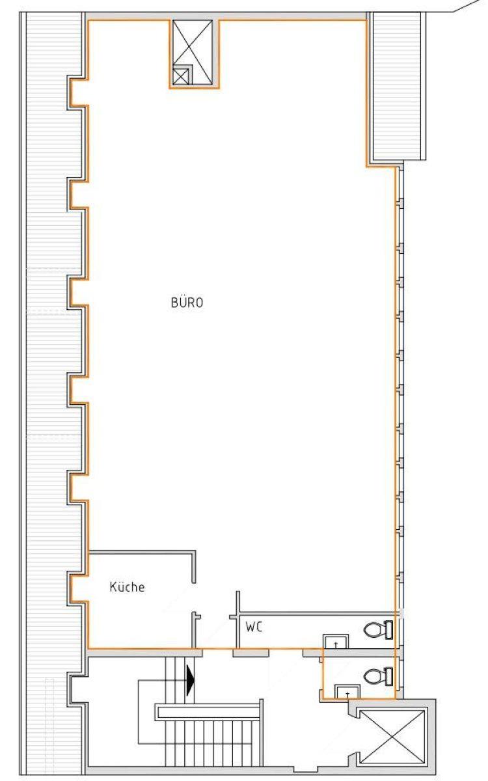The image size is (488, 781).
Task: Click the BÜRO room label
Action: (x=187, y=302)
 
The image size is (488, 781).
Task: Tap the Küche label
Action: (x=127, y=587)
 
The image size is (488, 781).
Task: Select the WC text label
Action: (x=254, y=627)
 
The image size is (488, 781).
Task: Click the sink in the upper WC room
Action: (x=336, y=642)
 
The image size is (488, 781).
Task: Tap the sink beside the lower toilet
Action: (x=347, y=692)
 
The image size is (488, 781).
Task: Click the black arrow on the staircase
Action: (x=190, y=679)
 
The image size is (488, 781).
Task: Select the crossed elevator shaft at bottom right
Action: (x=393, y=737)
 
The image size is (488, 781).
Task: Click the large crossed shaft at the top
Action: (x=193, y=52)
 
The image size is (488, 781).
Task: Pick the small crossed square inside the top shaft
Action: (x=181, y=76)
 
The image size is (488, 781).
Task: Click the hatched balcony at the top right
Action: (x=397, y=86)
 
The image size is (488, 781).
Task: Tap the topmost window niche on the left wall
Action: (x=77, y=91)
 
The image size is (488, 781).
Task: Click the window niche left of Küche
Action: (x=77, y=587)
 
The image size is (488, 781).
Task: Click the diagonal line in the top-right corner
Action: (x=470, y=6)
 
